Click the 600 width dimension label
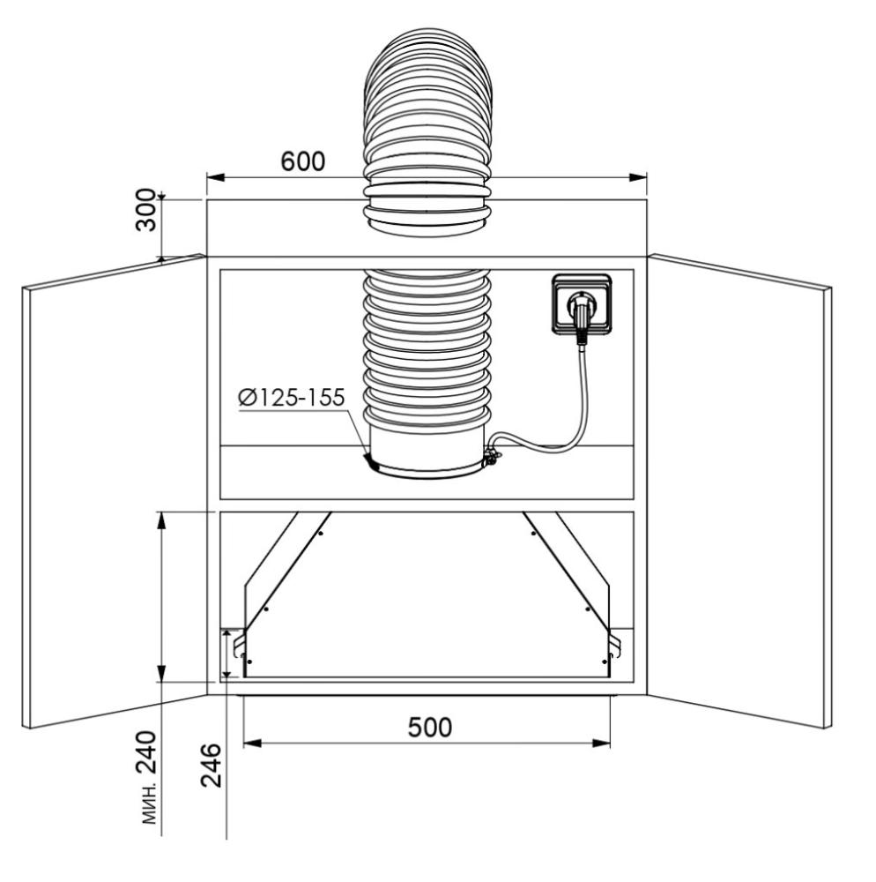pyautogui.click(x=303, y=161)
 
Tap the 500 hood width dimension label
pyautogui.click(x=430, y=728)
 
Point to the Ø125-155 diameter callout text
pyautogui.click(x=291, y=397)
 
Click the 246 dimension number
pyautogui.click(x=212, y=765)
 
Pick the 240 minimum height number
pyautogui.click(x=146, y=752)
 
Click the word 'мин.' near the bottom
pyautogui.click(x=148, y=804)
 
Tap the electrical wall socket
pyautogui.click(x=581, y=304)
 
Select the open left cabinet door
pyautogui.click(x=114, y=491)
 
